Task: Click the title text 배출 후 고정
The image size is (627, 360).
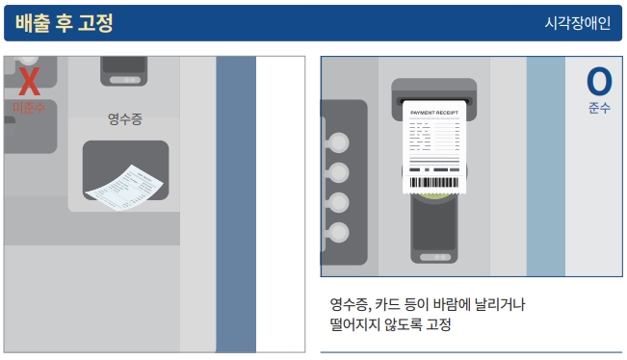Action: coord(65,23)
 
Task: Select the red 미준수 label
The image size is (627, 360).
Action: coord(29,107)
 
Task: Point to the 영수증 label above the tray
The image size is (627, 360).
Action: coord(125,119)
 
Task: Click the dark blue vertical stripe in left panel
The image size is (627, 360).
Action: coord(235,202)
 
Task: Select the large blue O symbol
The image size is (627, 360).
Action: coord(599,81)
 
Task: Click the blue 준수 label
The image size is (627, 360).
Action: coord(599,108)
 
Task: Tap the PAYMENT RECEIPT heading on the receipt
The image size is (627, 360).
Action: coord(435,113)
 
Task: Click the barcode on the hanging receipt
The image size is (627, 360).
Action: coord(435,182)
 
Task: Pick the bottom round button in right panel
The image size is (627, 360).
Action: coord(340,232)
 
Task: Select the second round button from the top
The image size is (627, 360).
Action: coord(340,173)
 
